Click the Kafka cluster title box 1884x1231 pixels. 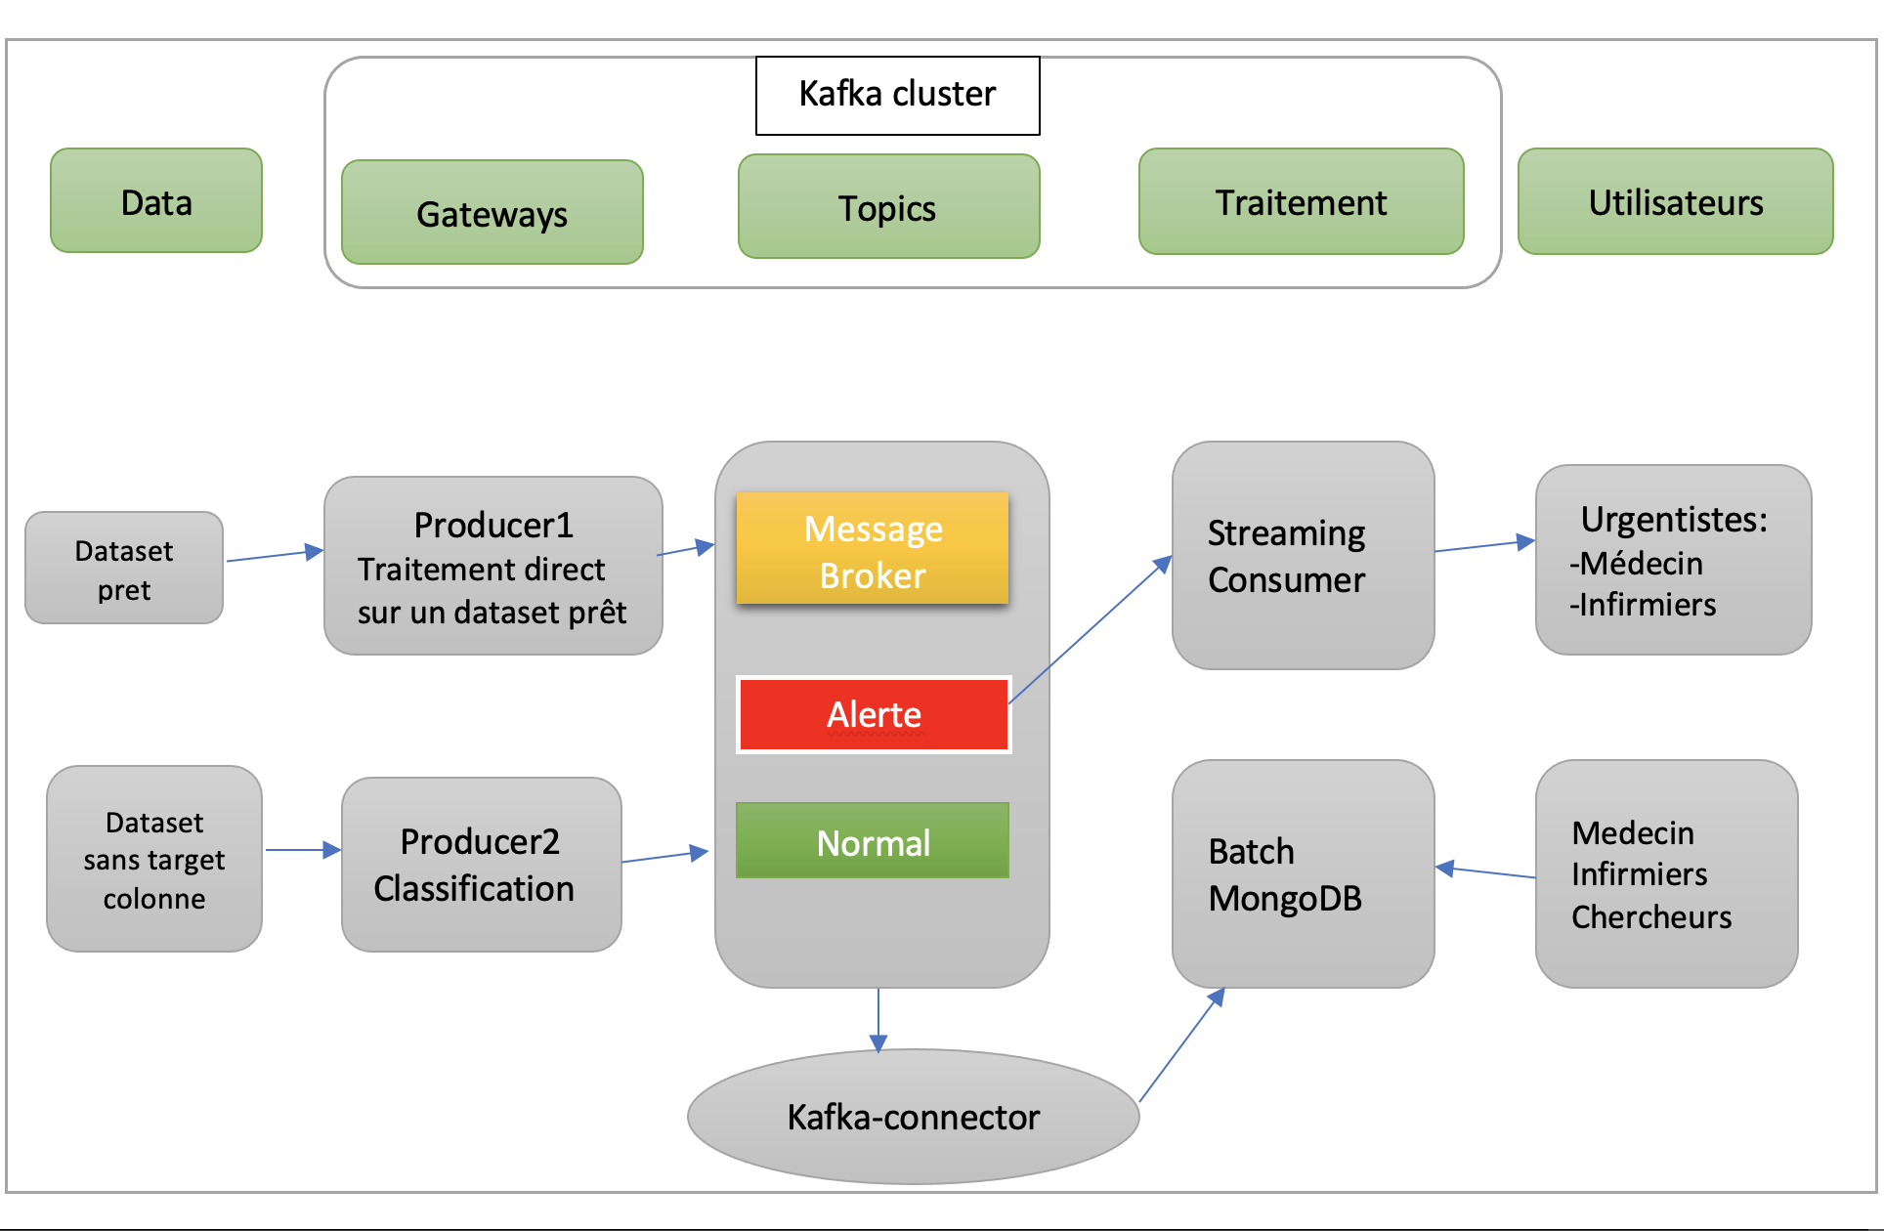click(897, 95)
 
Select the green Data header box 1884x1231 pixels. click(156, 201)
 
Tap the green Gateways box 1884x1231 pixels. click(492, 213)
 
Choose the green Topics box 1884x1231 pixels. click(888, 207)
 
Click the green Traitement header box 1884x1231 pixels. click(1301, 202)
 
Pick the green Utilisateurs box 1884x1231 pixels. click(1675, 202)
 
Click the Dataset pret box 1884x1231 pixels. click(124, 569)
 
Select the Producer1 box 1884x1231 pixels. click(492, 567)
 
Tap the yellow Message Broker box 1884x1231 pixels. click(873, 549)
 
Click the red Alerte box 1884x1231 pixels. click(873, 714)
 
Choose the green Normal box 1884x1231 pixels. click(873, 841)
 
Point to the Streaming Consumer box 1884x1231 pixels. click(1303, 556)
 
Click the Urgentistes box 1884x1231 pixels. click(1673, 561)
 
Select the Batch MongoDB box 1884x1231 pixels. click(1303, 874)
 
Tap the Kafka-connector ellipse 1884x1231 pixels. click(913, 1117)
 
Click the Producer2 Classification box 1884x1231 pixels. click(481, 865)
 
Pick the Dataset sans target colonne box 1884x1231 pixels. click(154, 860)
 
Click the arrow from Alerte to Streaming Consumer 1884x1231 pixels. click(1090, 630)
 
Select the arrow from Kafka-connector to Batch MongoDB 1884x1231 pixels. click(1181, 1046)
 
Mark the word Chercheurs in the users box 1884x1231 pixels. click(1651, 917)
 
